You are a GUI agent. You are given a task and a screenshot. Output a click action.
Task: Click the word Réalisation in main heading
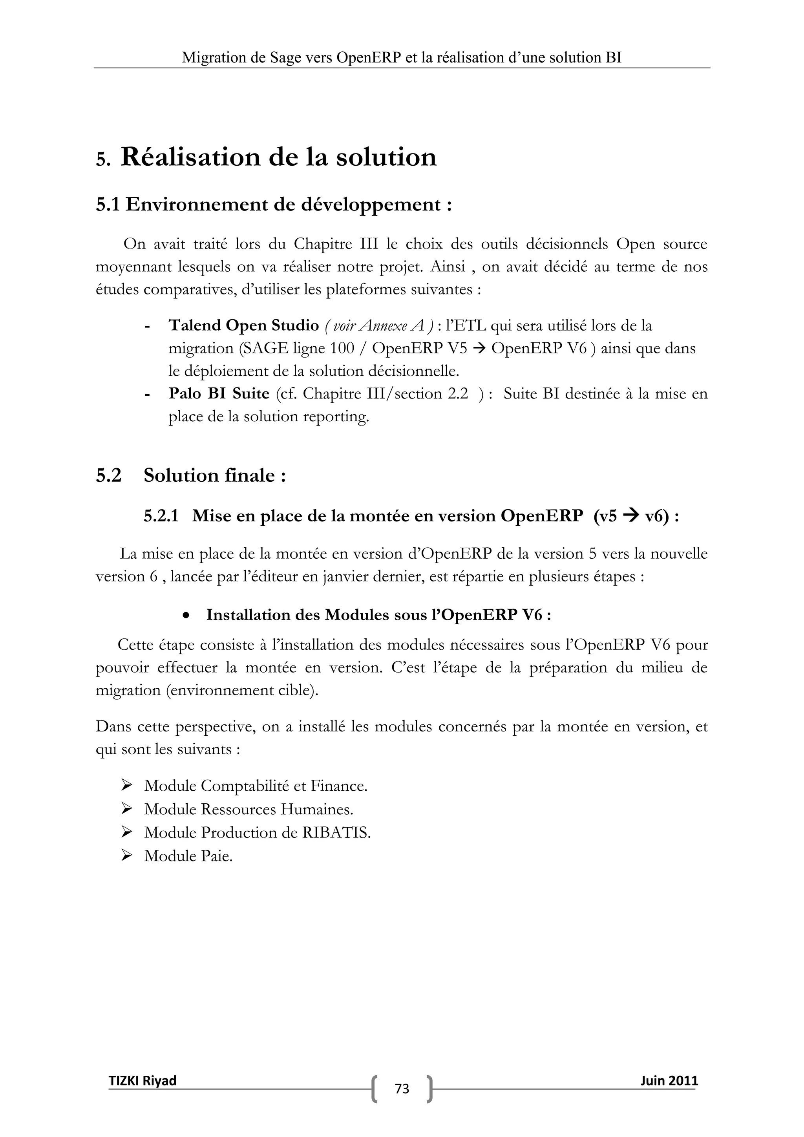click(x=190, y=157)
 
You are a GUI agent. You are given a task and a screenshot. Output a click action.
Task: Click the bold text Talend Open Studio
click(x=243, y=325)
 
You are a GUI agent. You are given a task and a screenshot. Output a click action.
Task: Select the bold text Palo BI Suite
click(x=219, y=394)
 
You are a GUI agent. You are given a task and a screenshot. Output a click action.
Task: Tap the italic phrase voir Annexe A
click(x=379, y=325)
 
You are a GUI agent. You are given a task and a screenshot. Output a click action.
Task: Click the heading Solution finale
click(x=214, y=475)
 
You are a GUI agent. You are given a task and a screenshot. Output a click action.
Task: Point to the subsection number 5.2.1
click(x=161, y=516)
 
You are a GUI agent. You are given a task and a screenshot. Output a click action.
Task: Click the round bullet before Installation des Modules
click(x=186, y=616)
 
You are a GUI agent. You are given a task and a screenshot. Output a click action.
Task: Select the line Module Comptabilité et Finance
click(x=256, y=786)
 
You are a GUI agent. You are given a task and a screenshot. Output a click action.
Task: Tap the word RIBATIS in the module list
click(x=336, y=832)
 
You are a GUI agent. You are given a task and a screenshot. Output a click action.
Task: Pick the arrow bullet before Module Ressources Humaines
click(x=126, y=809)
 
